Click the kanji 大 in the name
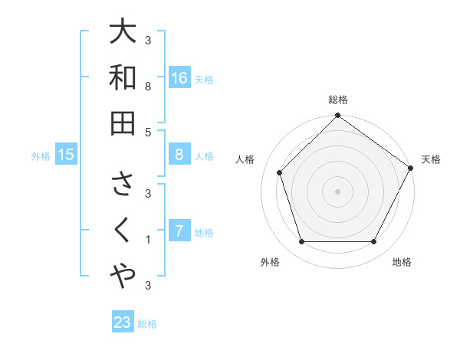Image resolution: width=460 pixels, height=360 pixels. click(x=123, y=32)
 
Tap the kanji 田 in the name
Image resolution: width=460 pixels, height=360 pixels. click(x=123, y=122)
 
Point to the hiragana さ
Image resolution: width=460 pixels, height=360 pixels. click(x=123, y=184)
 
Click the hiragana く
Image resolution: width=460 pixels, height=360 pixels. click(x=123, y=230)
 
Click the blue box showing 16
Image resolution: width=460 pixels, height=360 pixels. click(x=179, y=77)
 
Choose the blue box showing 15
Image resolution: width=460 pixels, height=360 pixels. click(x=66, y=155)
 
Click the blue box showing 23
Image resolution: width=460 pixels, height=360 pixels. click(x=123, y=322)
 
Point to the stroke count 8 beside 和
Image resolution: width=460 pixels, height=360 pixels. click(x=149, y=87)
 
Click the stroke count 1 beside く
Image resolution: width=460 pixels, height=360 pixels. click(x=149, y=240)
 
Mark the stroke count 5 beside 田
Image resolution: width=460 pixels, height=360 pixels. click(x=149, y=132)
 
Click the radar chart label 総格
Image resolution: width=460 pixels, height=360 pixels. click(x=338, y=100)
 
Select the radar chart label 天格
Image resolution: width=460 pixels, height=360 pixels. click(x=431, y=159)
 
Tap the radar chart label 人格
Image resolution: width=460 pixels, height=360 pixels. click(x=245, y=159)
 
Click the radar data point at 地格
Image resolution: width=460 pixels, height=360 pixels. click(x=374, y=242)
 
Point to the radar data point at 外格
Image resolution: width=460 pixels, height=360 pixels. click(x=301, y=242)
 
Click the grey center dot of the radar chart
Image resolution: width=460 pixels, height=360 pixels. click(x=338, y=191)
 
